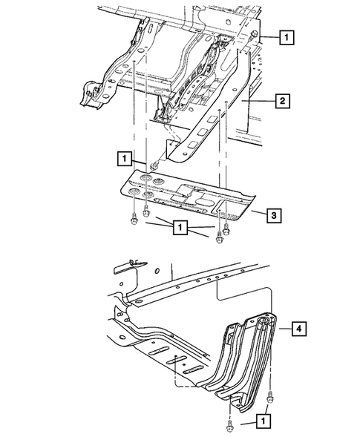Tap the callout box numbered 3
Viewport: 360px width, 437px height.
pyautogui.click(x=273, y=216)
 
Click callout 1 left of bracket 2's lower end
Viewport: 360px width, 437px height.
pyautogui.click(x=123, y=157)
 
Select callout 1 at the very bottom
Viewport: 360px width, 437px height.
pyautogui.click(x=265, y=420)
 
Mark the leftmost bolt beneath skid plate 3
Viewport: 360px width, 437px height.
pyautogui.click(x=131, y=218)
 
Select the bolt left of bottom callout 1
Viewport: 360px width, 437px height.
pyautogui.click(x=226, y=425)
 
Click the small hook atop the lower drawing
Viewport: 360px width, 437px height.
pyautogui.click(x=131, y=262)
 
